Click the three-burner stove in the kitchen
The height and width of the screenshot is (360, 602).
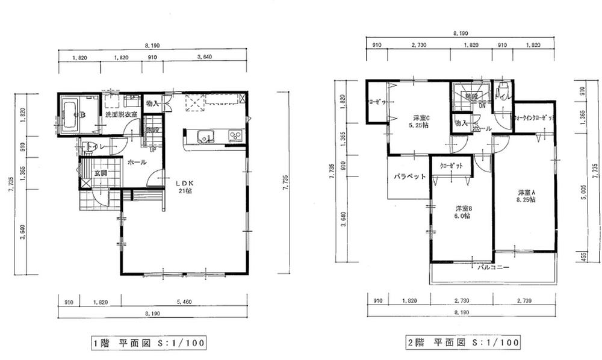tap(235, 136)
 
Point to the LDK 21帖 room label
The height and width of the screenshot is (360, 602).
tap(185, 186)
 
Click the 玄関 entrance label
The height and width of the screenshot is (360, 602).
tap(101, 173)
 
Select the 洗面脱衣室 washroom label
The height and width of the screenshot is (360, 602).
tap(121, 114)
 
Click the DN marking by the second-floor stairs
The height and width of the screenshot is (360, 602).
tap(482, 107)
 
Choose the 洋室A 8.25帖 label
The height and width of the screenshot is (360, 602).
tap(526, 197)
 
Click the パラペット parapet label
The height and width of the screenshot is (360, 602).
tap(410, 177)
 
